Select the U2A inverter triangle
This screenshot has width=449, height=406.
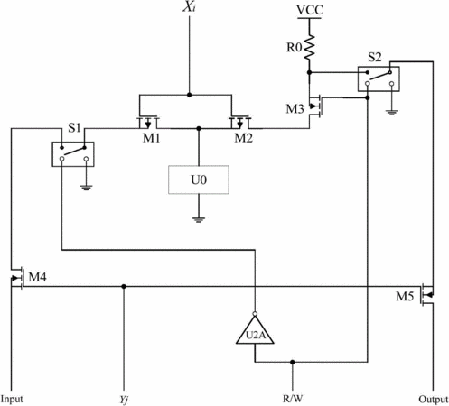click(x=255, y=330)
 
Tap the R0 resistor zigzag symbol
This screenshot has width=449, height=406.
click(x=309, y=47)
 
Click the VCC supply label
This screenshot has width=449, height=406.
click(x=310, y=10)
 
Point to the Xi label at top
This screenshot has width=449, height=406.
click(x=189, y=6)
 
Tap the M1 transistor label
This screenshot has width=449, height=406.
click(x=151, y=138)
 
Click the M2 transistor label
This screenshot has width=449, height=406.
click(x=243, y=138)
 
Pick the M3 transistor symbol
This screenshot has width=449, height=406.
click(x=316, y=106)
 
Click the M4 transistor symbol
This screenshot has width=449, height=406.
click(x=17, y=278)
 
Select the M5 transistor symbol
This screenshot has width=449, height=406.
click(x=427, y=295)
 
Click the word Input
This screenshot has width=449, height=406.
click(x=12, y=400)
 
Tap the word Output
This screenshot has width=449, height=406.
click(x=434, y=400)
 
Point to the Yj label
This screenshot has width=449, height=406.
click(x=124, y=400)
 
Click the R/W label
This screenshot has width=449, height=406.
click(x=293, y=399)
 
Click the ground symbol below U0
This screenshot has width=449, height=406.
click(x=199, y=219)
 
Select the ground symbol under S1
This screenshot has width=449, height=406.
click(x=86, y=188)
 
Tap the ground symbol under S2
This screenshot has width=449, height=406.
click(x=391, y=113)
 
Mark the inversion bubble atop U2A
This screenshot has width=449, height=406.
click(x=255, y=314)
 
